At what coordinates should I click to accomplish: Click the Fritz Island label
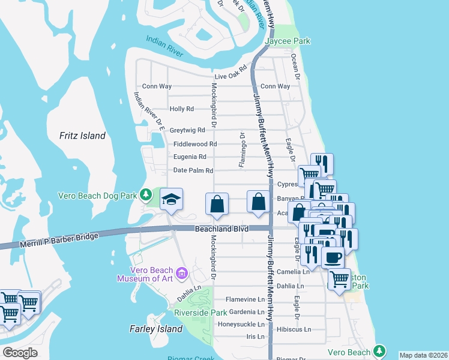coord(82,136)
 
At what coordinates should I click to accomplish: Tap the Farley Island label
coord(156,329)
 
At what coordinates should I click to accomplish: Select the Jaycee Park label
coord(288,41)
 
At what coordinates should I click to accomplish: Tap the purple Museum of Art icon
coord(182,274)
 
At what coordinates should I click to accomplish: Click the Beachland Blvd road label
coord(221,229)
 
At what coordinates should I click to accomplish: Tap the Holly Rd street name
coord(182,109)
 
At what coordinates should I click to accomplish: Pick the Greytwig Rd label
coord(187,130)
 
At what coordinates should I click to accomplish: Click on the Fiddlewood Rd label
coord(195,144)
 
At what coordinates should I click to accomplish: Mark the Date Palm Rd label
coord(193,170)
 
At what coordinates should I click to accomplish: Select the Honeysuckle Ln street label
coord(240,324)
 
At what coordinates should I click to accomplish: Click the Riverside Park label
coord(200,313)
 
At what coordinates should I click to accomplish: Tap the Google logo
coord(20,353)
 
